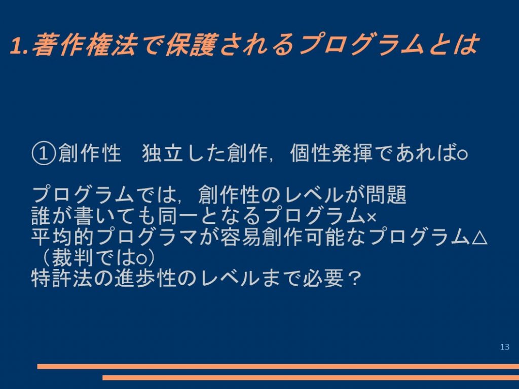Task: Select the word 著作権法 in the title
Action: click(x=84, y=45)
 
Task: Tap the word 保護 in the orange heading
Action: click(x=191, y=45)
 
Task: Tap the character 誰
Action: click(x=42, y=216)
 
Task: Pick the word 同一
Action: click(x=178, y=216)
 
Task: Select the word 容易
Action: click(x=241, y=237)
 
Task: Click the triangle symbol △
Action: click(x=479, y=237)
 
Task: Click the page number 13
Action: click(x=505, y=346)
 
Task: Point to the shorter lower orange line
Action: click(x=311, y=377)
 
